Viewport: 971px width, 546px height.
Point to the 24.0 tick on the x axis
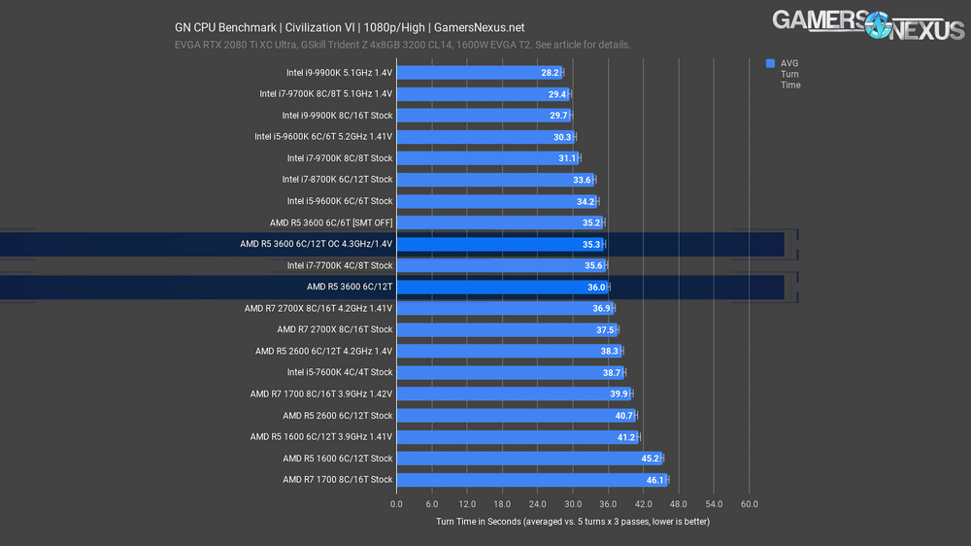pos(538,505)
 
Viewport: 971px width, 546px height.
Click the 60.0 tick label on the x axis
pos(749,505)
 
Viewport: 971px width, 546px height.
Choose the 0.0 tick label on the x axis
pos(396,505)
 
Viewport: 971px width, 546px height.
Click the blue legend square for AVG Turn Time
pos(770,63)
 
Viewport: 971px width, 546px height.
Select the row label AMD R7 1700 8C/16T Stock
pos(338,480)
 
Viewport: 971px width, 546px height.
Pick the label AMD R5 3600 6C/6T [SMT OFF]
pos(331,222)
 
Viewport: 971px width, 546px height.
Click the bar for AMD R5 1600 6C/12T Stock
pos(529,459)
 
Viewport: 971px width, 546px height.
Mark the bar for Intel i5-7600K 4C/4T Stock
pos(510,372)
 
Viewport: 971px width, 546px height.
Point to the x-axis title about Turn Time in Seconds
pos(573,522)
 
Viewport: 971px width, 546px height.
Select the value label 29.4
pos(557,94)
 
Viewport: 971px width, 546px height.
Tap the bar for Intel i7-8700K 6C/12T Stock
pos(495,180)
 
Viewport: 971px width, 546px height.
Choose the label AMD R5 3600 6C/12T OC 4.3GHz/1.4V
pos(317,244)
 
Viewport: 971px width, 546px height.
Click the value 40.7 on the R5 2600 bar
pos(624,416)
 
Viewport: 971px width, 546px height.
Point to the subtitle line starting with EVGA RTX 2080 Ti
pos(403,45)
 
